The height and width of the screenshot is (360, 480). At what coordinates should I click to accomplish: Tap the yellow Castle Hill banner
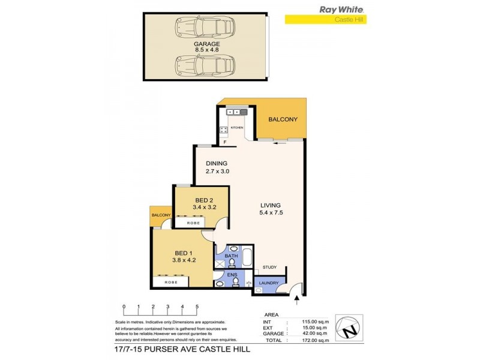click(x=325, y=20)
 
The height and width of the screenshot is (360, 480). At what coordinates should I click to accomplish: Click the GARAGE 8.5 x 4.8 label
click(x=206, y=47)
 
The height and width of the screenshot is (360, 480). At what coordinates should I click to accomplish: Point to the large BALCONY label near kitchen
click(x=283, y=119)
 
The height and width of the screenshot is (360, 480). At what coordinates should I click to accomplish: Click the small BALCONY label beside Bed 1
click(x=161, y=215)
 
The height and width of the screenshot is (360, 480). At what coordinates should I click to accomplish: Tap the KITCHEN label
click(x=236, y=128)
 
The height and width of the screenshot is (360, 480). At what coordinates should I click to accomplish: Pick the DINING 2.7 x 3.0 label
click(x=218, y=167)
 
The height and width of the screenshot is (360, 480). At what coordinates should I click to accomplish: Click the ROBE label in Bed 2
click(x=192, y=223)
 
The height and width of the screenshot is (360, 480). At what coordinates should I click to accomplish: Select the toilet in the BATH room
click(x=232, y=263)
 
